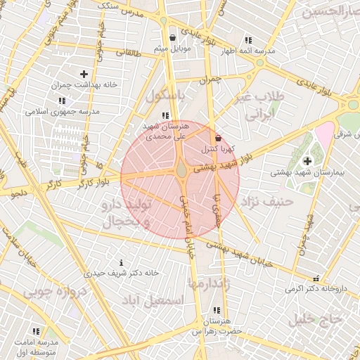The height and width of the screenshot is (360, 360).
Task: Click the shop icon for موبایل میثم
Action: click(x=173, y=37)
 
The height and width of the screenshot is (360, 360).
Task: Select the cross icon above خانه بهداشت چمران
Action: click(x=84, y=74)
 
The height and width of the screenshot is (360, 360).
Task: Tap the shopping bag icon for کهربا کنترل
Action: click(x=218, y=139)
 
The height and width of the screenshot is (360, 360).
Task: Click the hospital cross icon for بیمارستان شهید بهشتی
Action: click(x=307, y=161)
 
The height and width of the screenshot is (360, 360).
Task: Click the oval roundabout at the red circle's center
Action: click(x=181, y=171)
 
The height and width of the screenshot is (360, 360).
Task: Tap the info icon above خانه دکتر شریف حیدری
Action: click(x=122, y=262)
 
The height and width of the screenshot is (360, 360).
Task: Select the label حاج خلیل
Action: click(x=315, y=319)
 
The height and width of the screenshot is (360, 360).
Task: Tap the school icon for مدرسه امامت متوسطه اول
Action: click(x=36, y=330)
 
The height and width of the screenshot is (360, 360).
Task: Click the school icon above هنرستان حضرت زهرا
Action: click(x=215, y=310)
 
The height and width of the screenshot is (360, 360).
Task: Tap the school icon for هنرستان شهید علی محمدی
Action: click(x=165, y=115)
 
